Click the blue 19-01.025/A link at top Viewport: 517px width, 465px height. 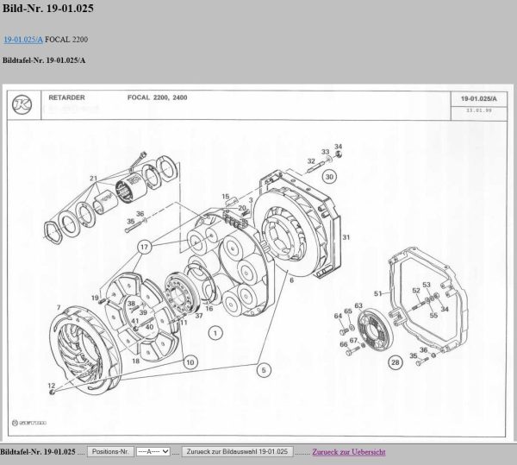point(23,40)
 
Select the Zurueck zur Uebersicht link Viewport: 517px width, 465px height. point(348,452)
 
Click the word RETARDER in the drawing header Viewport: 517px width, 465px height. point(66,97)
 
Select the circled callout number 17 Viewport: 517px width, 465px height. point(144,246)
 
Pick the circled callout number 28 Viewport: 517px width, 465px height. point(396,363)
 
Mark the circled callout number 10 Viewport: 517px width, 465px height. point(190,361)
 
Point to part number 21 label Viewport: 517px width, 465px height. point(93,179)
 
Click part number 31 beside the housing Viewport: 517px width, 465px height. point(346,236)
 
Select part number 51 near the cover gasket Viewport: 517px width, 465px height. point(377,293)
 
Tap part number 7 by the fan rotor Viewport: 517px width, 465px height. point(58,307)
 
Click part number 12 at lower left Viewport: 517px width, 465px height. point(51,385)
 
